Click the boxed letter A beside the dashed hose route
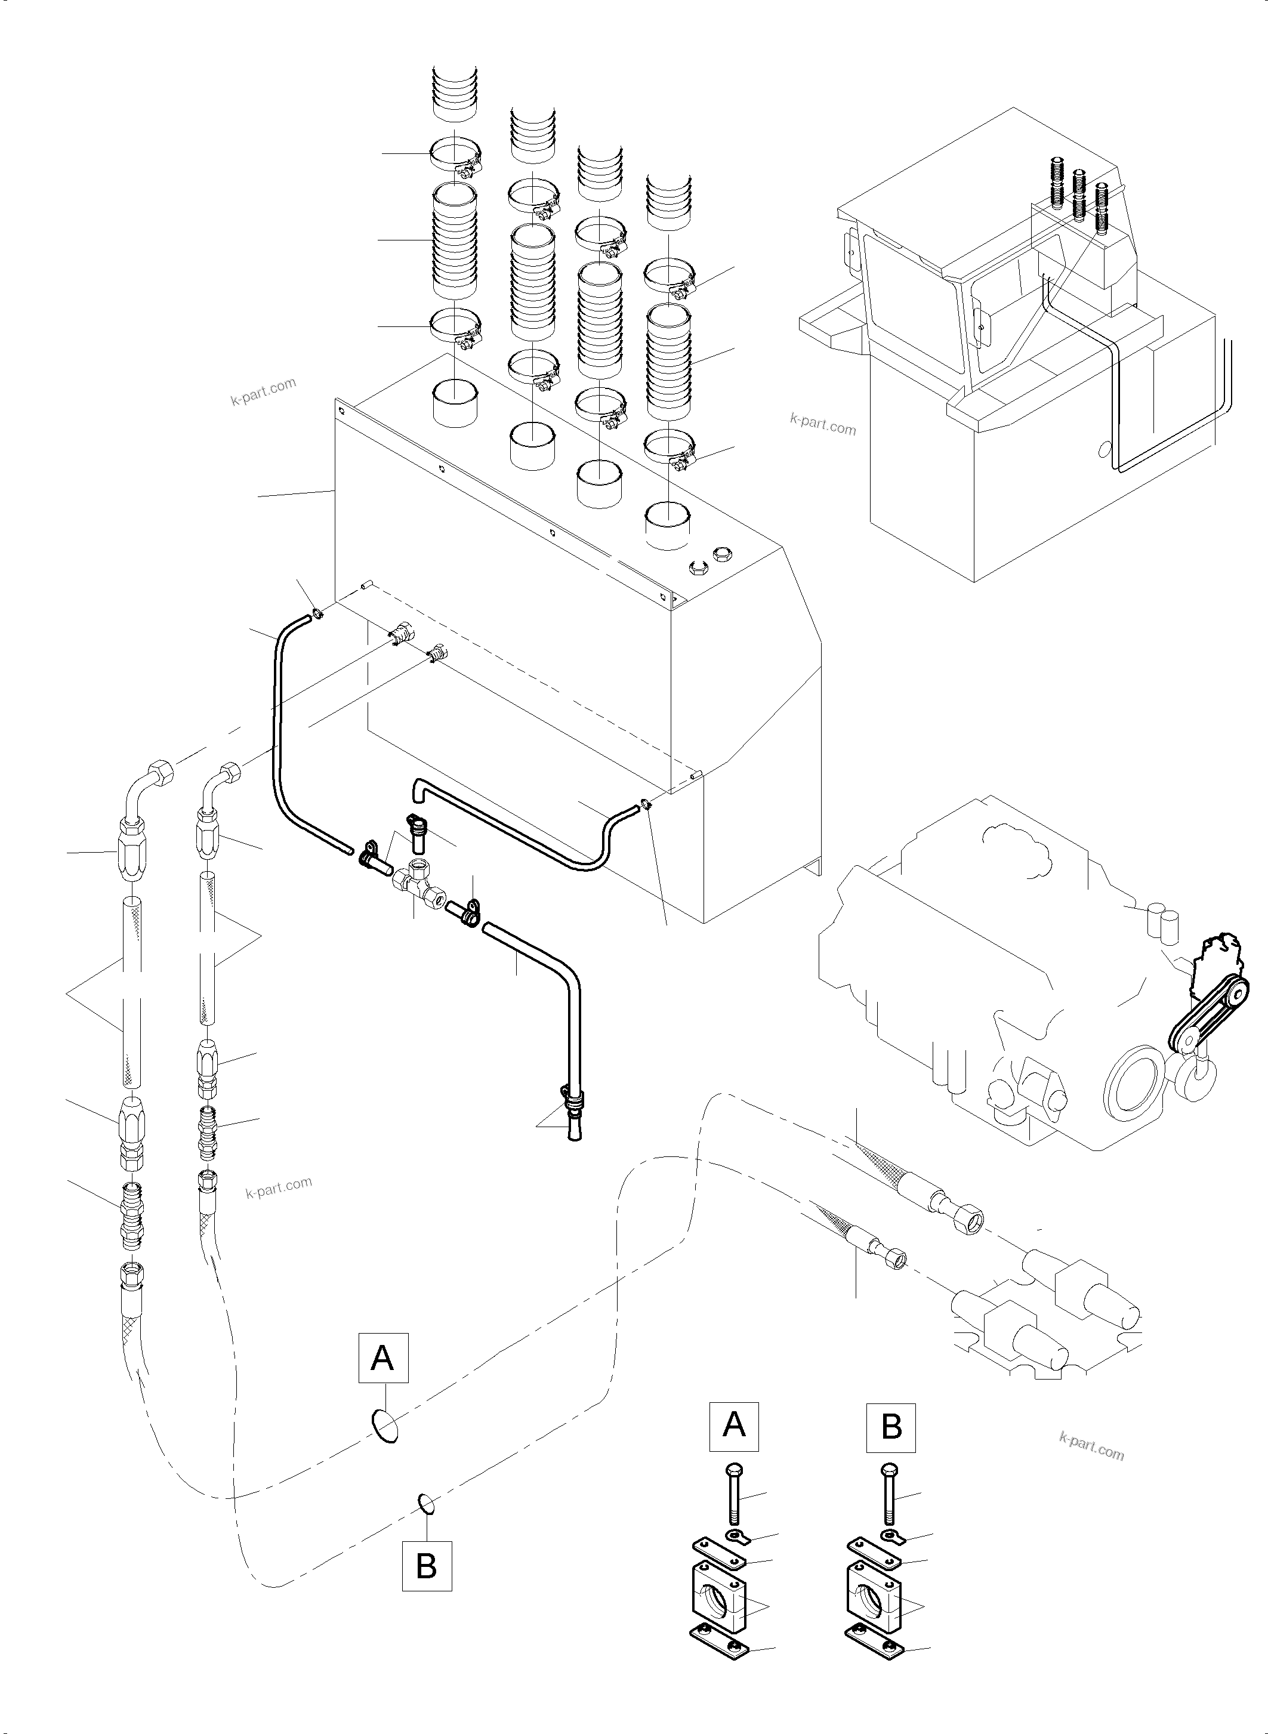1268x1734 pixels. (x=383, y=1358)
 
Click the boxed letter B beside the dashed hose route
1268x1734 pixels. (x=427, y=1565)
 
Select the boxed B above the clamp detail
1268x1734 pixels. (x=891, y=1427)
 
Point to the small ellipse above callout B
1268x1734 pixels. (x=427, y=1504)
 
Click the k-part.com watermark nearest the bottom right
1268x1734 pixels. (x=1091, y=1448)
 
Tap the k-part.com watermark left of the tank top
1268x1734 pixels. (x=263, y=391)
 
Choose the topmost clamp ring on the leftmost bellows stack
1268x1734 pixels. (x=456, y=155)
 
